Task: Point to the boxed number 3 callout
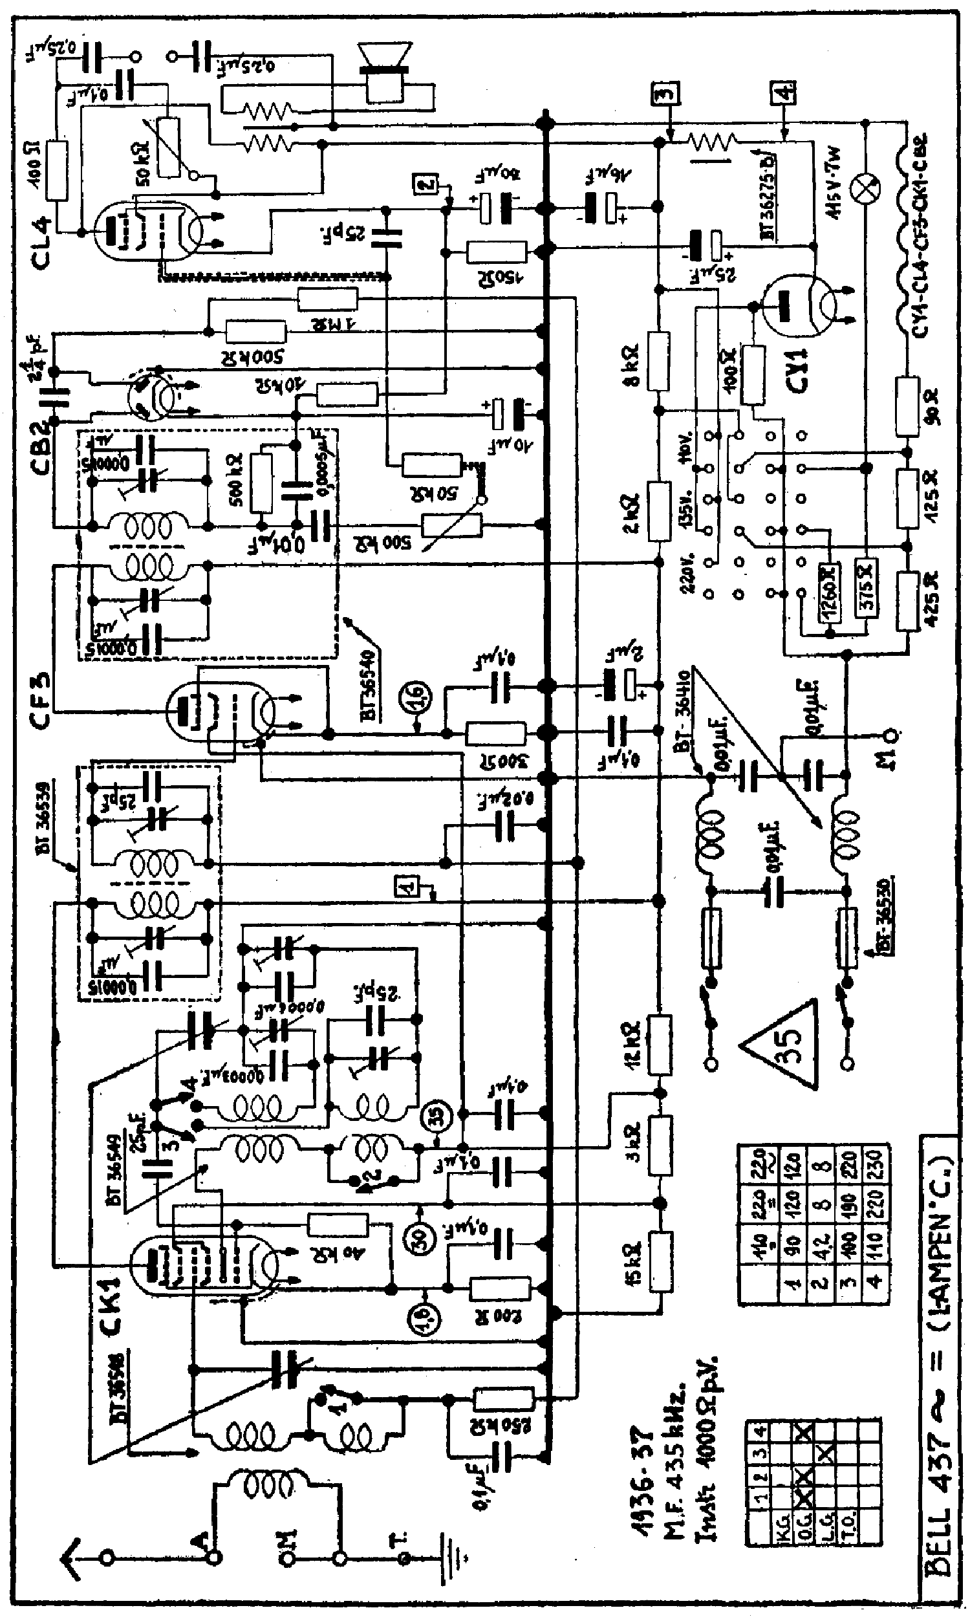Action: [665, 94]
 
